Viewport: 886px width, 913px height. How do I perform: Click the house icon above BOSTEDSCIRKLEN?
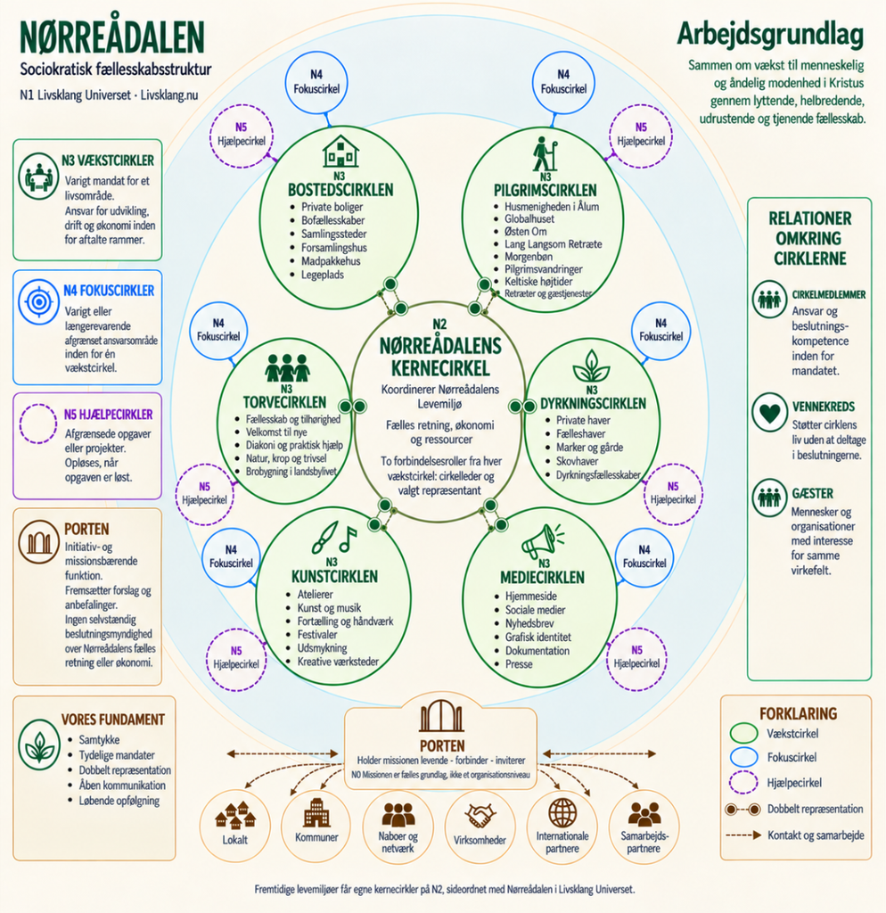[x=340, y=152]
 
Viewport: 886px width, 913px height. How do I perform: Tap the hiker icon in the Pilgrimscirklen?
[x=545, y=153]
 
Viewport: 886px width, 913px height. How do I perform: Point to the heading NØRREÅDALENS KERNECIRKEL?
[x=440, y=357]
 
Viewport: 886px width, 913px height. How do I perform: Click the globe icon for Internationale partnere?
[x=562, y=812]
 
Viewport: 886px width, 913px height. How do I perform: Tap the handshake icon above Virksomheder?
[x=480, y=815]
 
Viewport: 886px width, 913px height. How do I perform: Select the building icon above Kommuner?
[x=316, y=812]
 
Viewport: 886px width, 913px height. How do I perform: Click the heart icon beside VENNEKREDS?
[x=769, y=412]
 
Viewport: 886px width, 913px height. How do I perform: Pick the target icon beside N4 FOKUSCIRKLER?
[x=38, y=301]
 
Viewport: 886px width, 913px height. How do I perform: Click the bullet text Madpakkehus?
[x=331, y=261]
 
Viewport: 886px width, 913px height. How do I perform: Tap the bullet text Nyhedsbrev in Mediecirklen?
[x=529, y=623]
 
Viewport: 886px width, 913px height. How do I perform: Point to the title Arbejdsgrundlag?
[x=770, y=36]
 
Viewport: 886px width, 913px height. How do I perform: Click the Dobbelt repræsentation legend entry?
[x=794, y=809]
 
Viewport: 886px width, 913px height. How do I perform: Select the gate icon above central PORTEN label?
[x=441, y=716]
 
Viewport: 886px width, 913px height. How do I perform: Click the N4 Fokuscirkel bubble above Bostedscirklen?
[x=316, y=82]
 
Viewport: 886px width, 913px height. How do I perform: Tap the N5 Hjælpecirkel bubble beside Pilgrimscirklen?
[x=640, y=136]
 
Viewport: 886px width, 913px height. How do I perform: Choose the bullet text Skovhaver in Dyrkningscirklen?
[x=577, y=461]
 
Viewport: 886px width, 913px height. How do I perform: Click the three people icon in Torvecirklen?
[x=286, y=367]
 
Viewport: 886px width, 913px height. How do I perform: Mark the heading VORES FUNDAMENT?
[x=113, y=720]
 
